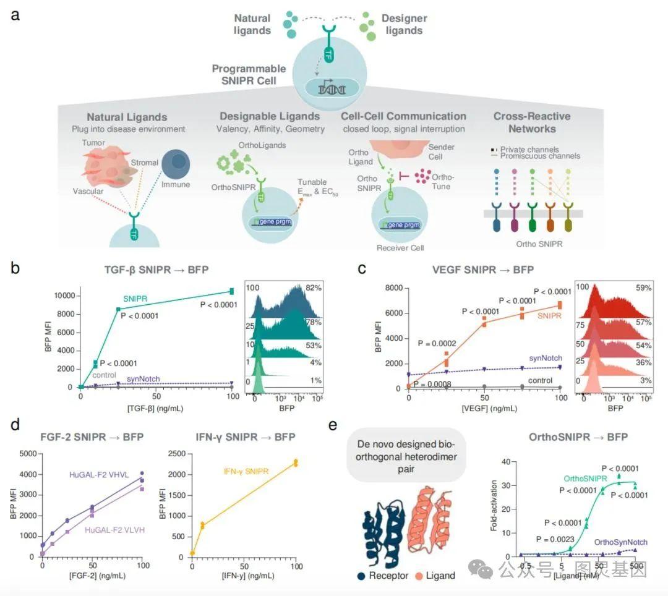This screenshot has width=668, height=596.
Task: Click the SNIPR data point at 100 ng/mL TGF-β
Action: coord(231,291)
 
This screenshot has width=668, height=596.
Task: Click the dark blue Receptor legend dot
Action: coord(361,576)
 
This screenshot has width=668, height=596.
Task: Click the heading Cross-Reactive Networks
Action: coord(532,122)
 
